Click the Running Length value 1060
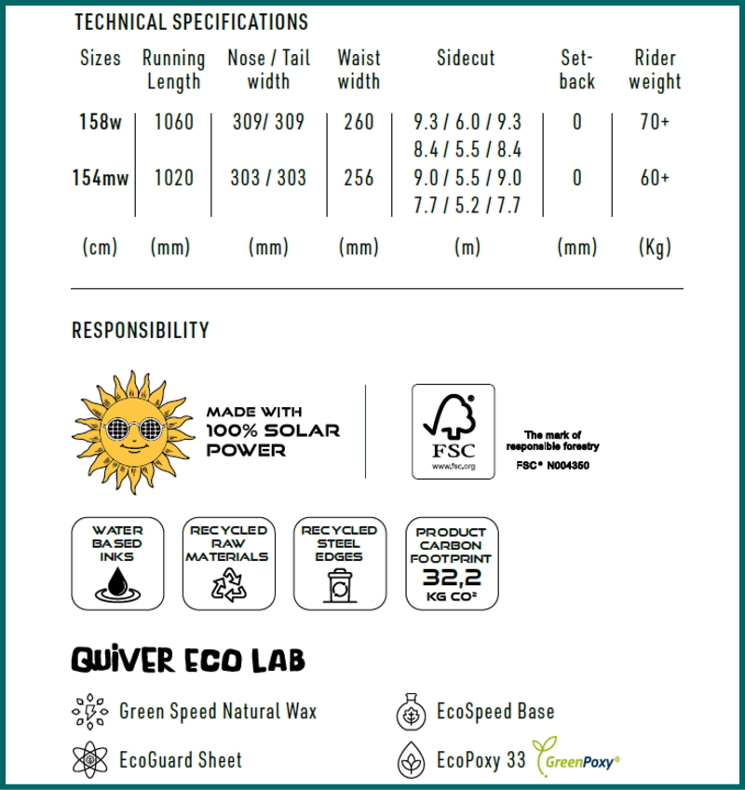coord(173,122)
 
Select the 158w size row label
coord(101,122)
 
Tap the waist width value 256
coord(359,178)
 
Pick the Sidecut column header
coord(466,58)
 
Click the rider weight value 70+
coord(655,122)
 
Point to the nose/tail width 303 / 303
coord(268,178)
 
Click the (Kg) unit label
coord(655,248)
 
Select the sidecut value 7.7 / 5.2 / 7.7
coord(467,206)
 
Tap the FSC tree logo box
coord(453,431)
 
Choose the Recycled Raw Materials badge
coord(228,564)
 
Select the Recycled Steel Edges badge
coord(339,564)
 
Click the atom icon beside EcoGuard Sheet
coord(89,760)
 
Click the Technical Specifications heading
coord(191,21)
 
